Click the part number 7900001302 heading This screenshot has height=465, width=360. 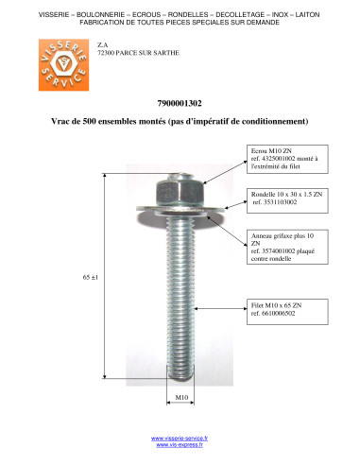point(180,103)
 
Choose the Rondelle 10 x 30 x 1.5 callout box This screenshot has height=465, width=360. point(287,198)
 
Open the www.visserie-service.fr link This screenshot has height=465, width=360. point(180,439)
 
